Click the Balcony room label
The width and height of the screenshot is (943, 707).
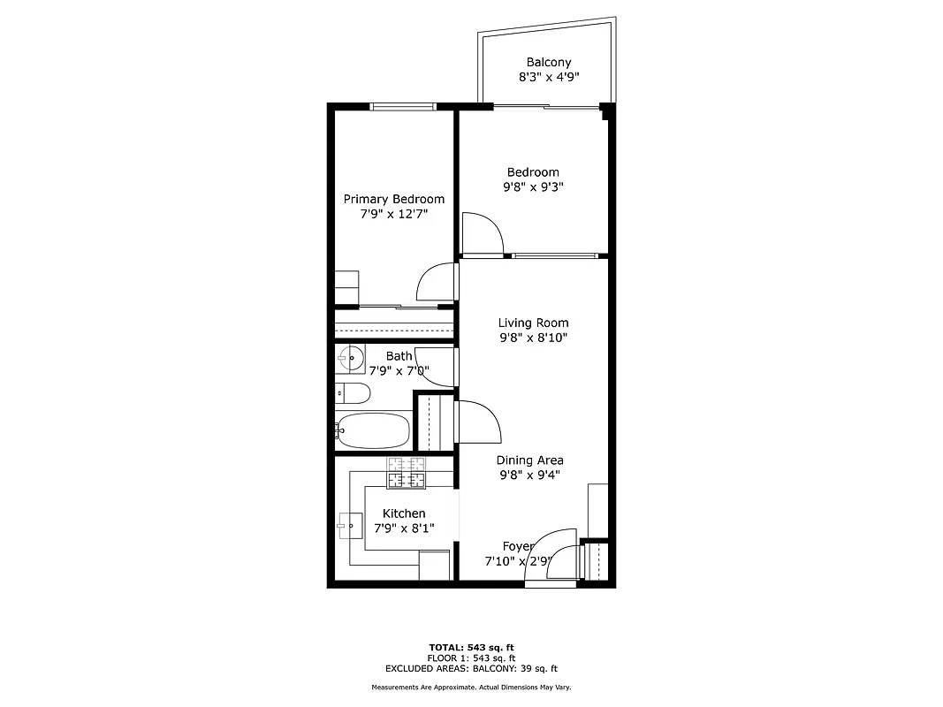click(548, 63)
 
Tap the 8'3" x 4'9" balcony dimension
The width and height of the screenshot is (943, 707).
click(548, 78)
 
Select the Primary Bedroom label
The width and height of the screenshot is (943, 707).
click(393, 200)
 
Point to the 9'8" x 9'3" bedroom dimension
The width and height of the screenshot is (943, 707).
click(533, 187)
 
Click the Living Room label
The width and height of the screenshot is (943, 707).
click(533, 323)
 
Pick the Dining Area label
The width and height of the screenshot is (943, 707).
click(529, 460)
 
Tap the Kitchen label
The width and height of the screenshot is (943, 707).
click(404, 513)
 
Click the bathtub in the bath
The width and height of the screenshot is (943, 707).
click(375, 431)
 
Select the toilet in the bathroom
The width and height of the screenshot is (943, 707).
click(351, 393)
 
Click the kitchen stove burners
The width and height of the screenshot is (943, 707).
click(406, 474)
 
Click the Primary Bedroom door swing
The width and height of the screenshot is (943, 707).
click(437, 283)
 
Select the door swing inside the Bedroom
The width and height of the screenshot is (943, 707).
click(482, 232)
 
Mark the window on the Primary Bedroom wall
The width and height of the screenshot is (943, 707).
click(402, 107)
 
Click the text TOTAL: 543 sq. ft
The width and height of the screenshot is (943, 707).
click(471, 647)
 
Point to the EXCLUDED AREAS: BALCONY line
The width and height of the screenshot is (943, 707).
click(471, 669)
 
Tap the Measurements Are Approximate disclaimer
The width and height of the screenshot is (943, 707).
click(471, 688)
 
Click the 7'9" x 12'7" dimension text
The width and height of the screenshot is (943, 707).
click(393, 215)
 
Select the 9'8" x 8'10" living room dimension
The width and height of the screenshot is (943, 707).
click(533, 338)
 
